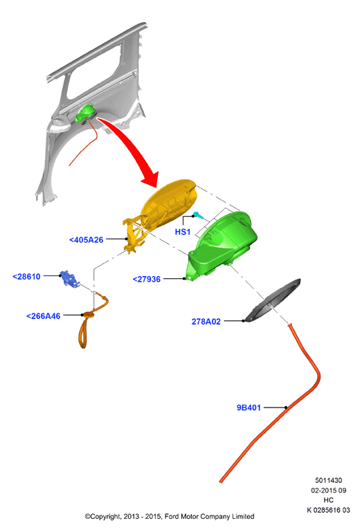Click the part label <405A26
click(x=87, y=239)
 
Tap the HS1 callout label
click(x=183, y=232)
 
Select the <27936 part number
click(x=147, y=280)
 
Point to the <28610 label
click(x=26, y=277)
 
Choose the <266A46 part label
click(x=44, y=316)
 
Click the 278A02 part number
click(x=206, y=322)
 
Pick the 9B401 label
click(x=249, y=408)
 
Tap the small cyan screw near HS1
click(x=197, y=215)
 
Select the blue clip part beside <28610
click(x=69, y=279)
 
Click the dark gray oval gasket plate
click(x=273, y=300)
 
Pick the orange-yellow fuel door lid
click(x=168, y=205)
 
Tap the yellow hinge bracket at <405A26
click(x=134, y=236)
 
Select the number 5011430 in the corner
click(x=329, y=480)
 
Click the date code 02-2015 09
click(x=329, y=490)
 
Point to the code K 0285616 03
click(x=329, y=510)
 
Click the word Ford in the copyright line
click(x=172, y=516)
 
